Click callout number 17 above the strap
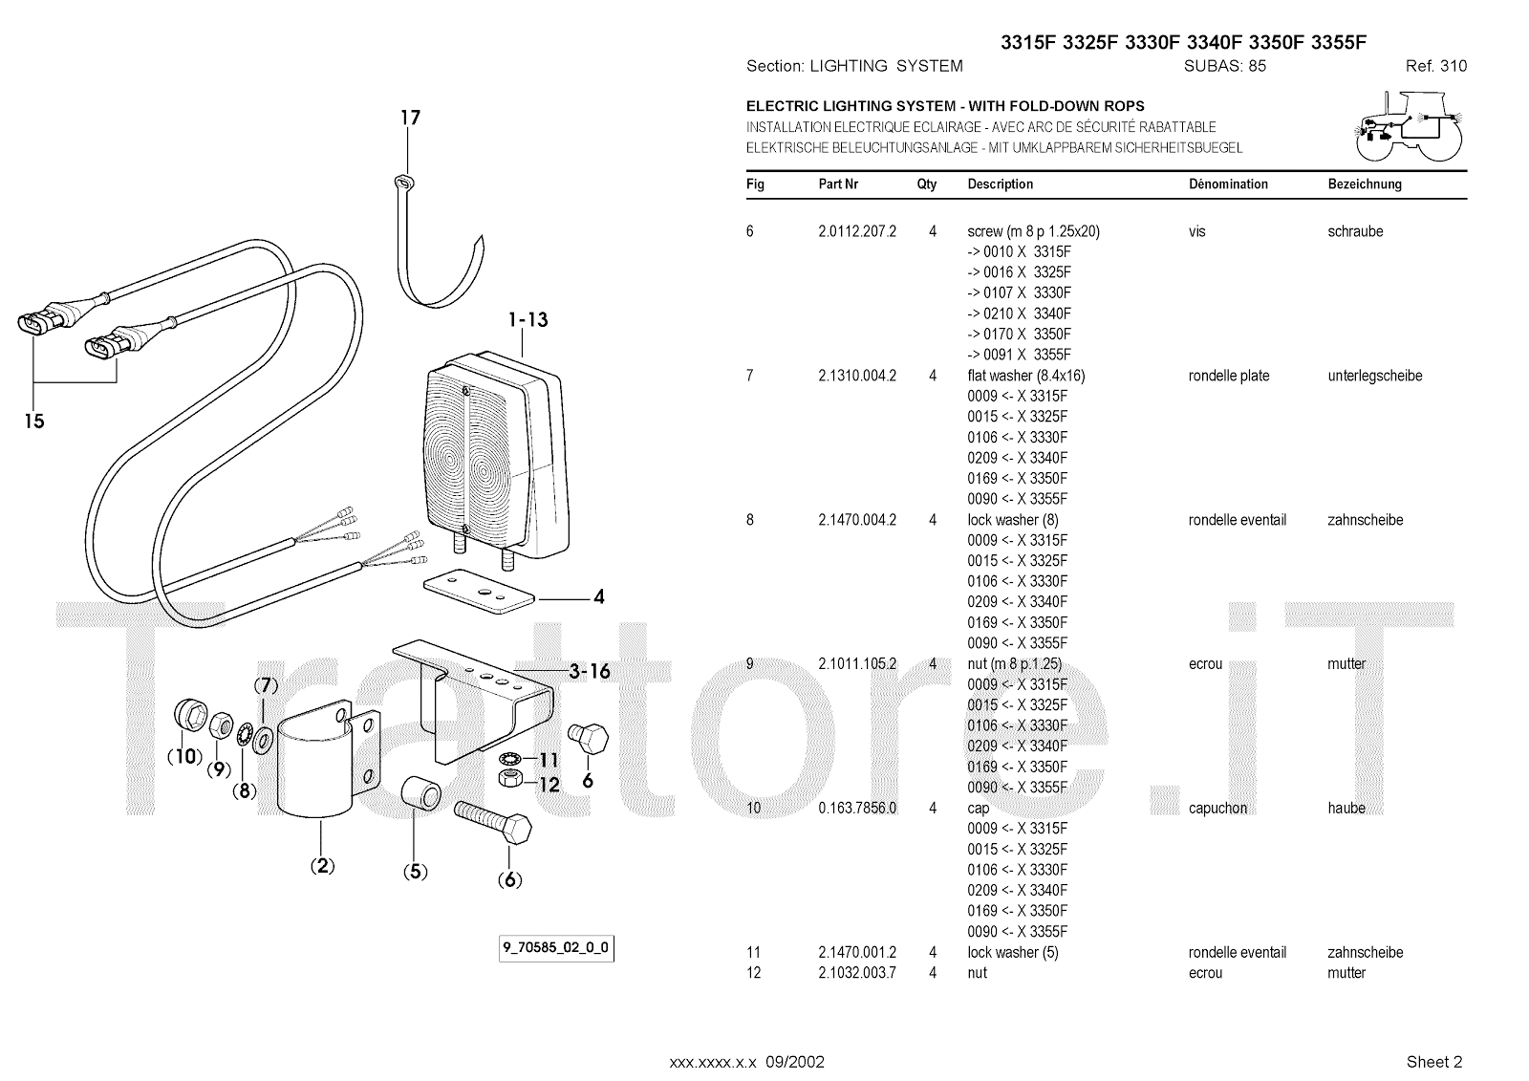(410, 119)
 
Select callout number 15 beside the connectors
(34, 421)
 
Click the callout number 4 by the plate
(598, 597)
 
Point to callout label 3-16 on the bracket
(589, 671)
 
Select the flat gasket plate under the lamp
(478, 591)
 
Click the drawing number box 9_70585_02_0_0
(555, 949)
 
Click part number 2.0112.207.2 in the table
(857, 231)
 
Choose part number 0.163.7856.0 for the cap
(857, 809)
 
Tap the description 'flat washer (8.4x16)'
(1026, 376)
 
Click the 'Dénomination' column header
(1228, 184)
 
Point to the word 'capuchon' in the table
(1217, 809)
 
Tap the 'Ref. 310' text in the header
(1435, 66)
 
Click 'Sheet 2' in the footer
(1434, 1061)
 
